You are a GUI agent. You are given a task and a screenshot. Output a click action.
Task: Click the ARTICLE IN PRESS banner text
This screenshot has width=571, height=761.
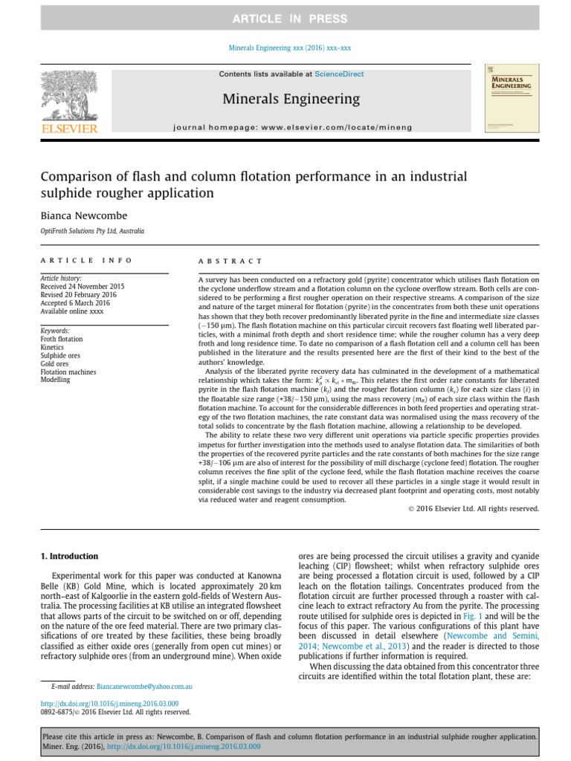click(285, 19)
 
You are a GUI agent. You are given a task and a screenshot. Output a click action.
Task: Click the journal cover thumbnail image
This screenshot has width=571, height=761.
click(511, 99)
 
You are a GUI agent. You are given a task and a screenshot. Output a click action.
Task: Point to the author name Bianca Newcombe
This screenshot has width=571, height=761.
click(83, 215)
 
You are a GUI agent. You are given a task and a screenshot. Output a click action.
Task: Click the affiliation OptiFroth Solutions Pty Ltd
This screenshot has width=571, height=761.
click(92, 231)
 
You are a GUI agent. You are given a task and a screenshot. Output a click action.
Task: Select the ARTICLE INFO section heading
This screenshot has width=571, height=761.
click(86, 261)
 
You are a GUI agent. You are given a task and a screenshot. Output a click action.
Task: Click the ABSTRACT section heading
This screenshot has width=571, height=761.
click(230, 261)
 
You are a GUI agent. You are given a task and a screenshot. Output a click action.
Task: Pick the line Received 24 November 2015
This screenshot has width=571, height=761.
click(83, 286)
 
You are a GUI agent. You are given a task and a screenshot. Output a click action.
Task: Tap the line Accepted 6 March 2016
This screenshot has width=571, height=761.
click(76, 302)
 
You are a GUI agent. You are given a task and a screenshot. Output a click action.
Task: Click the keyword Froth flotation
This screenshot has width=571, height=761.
click(62, 339)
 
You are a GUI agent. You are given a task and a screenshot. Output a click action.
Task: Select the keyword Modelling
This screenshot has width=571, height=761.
click(55, 380)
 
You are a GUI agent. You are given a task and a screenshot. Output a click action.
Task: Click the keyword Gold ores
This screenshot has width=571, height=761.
click(54, 363)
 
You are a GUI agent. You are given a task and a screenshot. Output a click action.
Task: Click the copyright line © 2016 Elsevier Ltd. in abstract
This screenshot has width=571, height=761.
click(474, 509)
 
